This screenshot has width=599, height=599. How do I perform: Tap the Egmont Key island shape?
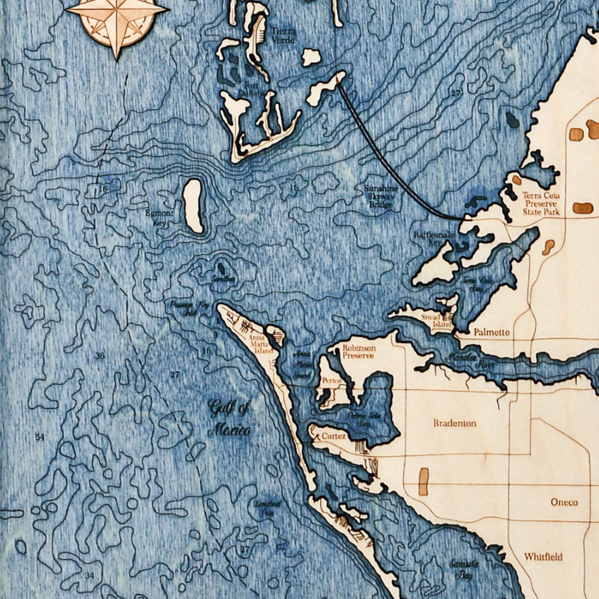[x=193, y=206]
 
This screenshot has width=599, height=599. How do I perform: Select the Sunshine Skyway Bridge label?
[x=381, y=196]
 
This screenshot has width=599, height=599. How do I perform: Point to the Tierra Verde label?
[x=283, y=35]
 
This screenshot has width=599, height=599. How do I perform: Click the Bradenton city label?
[x=454, y=423]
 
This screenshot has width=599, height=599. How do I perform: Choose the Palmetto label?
[x=491, y=332]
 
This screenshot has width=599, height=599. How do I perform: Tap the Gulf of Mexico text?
[x=229, y=419]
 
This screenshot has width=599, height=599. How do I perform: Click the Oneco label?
[x=564, y=502]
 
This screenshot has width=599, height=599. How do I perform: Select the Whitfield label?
[x=543, y=557]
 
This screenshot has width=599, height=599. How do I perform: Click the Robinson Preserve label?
[x=359, y=352]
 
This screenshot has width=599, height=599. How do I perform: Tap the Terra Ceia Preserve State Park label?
[x=541, y=204]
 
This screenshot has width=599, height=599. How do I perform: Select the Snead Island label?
[x=436, y=321]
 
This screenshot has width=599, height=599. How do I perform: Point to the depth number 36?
[x=100, y=356]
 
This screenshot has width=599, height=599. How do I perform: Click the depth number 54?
[x=40, y=438]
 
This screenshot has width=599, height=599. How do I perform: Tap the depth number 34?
[x=90, y=575]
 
